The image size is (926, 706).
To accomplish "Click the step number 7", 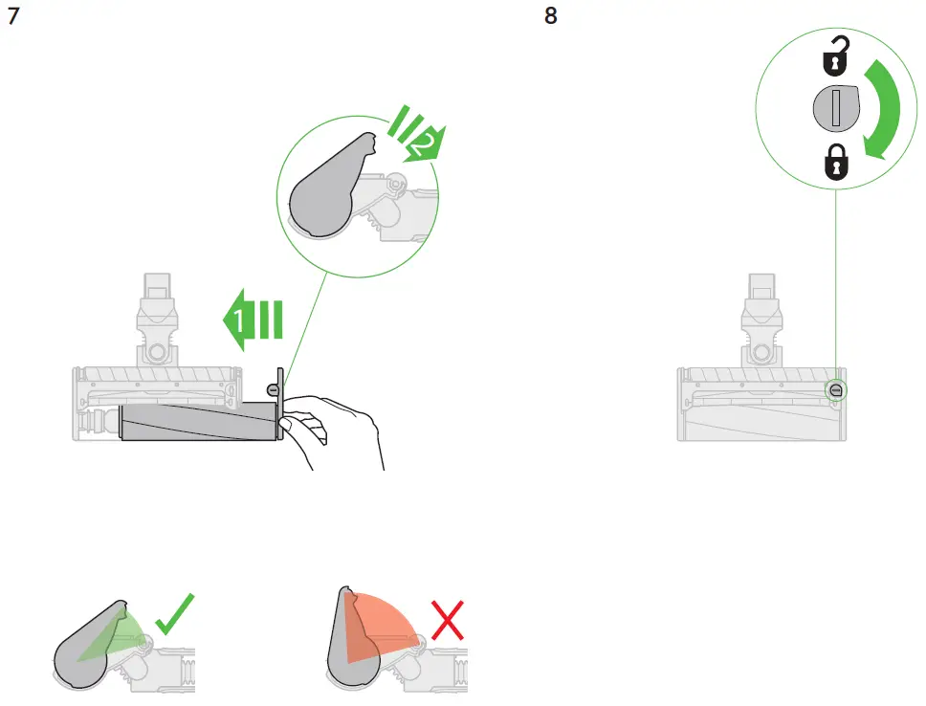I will coord(13,18).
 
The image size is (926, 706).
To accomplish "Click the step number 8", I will coord(550,18).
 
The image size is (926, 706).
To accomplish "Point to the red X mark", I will coord(446,621).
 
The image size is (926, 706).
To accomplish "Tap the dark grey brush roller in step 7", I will coord(196,421).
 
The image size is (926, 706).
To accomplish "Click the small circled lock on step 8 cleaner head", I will coord(836,389).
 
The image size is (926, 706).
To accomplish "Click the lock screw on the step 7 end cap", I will coord(274,389).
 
